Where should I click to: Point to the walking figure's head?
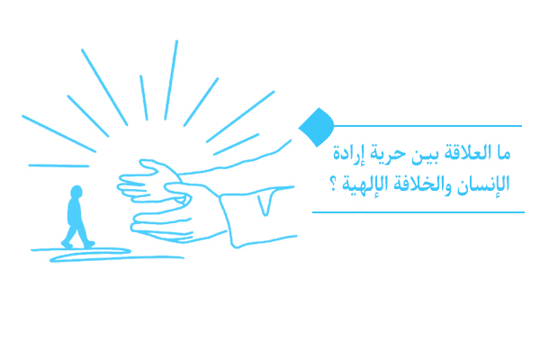(x=76, y=192)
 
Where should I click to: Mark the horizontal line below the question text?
(x=418, y=212)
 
